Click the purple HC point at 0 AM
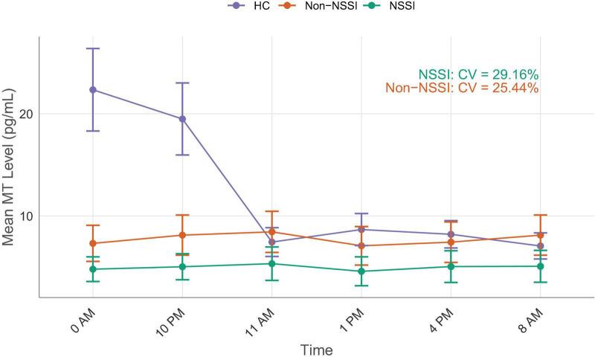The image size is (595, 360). tap(93, 89)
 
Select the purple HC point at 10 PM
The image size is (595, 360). tap(182, 118)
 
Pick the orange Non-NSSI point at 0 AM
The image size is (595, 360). tap(93, 243)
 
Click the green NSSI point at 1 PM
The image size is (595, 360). tap(361, 271)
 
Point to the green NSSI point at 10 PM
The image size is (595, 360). tap(182, 266)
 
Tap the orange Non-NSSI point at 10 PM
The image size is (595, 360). tap(182, 235)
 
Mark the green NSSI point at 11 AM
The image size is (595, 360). tap(271, 263)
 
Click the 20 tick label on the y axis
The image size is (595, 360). tap(25, 114)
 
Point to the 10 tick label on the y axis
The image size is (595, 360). tap(25, 216)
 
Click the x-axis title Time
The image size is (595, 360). tap(316, 349)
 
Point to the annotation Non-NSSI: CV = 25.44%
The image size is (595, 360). tap(462, 88)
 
